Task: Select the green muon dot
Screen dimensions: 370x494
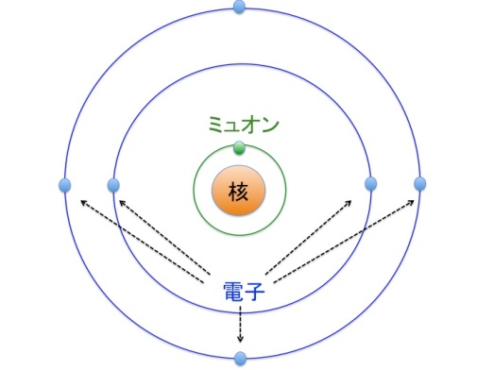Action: click(239, 147)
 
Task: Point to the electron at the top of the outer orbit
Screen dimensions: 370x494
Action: click(239, 8)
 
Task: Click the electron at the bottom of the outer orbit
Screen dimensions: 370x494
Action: click(240, 359)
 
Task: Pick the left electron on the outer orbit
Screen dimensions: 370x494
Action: click(64, 184)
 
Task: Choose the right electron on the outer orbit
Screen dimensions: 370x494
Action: click(420, 183)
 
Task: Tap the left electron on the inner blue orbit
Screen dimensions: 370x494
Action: click(113, 184)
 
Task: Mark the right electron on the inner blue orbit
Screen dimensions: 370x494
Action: click(370, 183)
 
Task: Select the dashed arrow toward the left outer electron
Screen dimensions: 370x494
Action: click(142, 240)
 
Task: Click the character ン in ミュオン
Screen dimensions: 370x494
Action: click(273, 124)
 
